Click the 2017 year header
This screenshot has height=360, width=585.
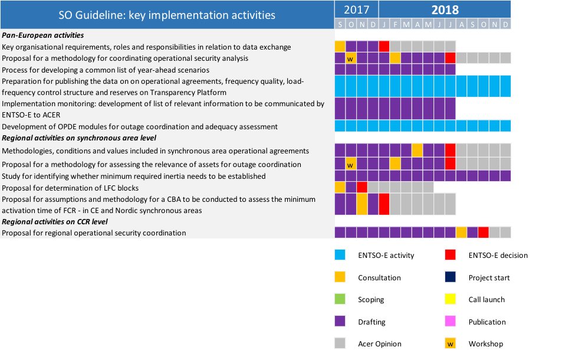356,9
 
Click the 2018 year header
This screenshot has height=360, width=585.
445,9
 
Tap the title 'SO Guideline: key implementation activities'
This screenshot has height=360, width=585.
167,15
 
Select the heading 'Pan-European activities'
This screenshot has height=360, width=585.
42,35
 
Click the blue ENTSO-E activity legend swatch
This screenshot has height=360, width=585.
340,256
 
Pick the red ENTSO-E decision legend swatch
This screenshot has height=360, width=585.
451,256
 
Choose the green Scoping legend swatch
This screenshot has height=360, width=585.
340,300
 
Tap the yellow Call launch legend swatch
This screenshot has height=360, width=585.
451,300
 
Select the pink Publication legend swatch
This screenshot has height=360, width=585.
451,322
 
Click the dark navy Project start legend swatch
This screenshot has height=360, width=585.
451,277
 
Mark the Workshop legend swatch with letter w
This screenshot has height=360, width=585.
451,343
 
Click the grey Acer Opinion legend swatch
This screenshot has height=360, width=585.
340,343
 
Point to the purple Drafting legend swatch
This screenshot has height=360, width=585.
340,322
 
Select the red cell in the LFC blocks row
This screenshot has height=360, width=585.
362,187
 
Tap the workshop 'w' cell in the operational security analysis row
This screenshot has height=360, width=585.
351,58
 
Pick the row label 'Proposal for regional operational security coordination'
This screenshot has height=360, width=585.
94,233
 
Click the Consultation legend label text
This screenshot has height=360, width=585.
379,278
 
